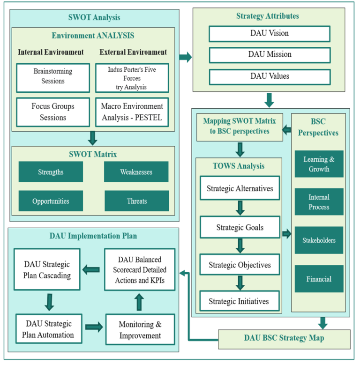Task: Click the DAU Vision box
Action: click(x=269, y=34)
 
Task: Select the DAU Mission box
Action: click(x=269, y=55)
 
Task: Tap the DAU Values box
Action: click(x=269, y=76)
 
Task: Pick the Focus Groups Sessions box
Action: click(x=52, y=112)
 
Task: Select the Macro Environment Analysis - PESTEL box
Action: click(x=132, y=112)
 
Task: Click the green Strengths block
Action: click(x=51, y=172)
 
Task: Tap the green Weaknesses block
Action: click(x=136, y=172)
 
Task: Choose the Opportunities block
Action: click(x=51, y=201)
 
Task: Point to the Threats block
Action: click(x=136, y=201)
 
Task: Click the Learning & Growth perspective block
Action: click(x=319, y=164)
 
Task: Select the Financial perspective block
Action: click(x=319, y=279)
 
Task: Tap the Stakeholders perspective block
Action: click(x=319, y=240)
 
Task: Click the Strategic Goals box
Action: click(x=240, y=228)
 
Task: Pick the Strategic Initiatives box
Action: click(x=240, y=301)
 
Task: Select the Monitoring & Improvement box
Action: click(x=140, y=330)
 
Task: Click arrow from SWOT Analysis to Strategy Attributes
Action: click(x=186, y=58)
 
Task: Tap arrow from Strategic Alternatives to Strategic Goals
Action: click(x=240, y=208)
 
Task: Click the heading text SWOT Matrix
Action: click(x=93, y=154)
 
